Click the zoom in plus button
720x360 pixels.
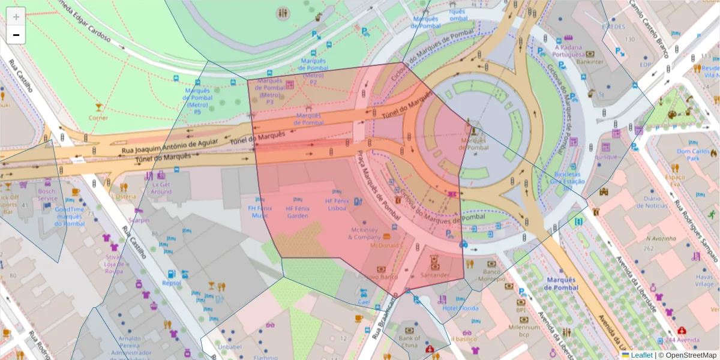16,17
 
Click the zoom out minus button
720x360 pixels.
16,35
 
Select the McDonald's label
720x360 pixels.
385,245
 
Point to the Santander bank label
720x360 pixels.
435,275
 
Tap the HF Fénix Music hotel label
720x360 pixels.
260,212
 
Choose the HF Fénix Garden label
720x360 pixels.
297,212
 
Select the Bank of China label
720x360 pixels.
409,341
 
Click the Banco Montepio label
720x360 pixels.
492,275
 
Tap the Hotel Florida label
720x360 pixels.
460,308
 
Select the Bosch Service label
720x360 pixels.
47,195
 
